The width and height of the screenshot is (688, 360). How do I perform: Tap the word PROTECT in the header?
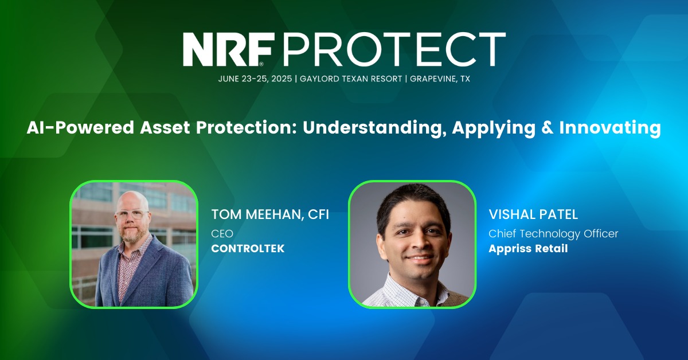coord(394,49)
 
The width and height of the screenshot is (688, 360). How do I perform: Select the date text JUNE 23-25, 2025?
coord(255,79)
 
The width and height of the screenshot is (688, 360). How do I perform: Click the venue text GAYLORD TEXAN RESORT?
coord(351,79)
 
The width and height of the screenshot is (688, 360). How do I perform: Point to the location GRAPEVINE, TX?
coord(440,79)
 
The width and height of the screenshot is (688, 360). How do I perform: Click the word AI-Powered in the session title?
coord(80,128)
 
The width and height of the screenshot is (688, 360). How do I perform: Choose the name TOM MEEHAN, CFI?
coord(270,214)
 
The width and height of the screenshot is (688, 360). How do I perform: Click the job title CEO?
coord(222,234)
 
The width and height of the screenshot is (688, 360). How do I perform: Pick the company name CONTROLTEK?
coord(248,248)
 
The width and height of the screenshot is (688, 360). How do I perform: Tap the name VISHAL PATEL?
coord(533,214)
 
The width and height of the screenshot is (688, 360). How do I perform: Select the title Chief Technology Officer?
coord(553,234)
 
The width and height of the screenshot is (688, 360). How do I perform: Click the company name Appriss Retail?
coord(528,249)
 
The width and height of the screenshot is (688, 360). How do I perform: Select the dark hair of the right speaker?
coord(413,203)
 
